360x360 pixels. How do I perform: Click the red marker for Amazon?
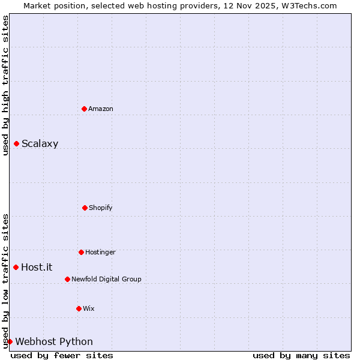[84, 109]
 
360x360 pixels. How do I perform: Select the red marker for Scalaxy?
[16, 143]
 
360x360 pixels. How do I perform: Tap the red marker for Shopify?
[85, 208]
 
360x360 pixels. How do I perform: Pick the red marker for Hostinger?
[81, 252]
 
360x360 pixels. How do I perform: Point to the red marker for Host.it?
[16, 267]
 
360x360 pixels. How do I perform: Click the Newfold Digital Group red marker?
[67, 279]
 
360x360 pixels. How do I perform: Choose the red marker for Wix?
[79, 308]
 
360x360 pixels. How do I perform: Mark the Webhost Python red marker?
[10, 341]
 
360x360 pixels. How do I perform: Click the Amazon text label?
[101, 109]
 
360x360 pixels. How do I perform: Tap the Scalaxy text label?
[40, 143]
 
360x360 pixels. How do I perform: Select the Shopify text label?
[101, 208]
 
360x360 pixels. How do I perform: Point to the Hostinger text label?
[100, 252]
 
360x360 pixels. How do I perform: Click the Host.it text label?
[37, 267]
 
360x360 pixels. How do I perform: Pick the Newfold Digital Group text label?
[106, 279]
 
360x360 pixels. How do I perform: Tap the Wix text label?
[89, 308]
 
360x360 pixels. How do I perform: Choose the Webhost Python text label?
[54, 341]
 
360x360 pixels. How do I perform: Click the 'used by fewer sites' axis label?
[62, 355]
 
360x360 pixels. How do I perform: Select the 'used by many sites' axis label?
[301, 355]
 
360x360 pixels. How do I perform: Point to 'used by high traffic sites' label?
[5, 85]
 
